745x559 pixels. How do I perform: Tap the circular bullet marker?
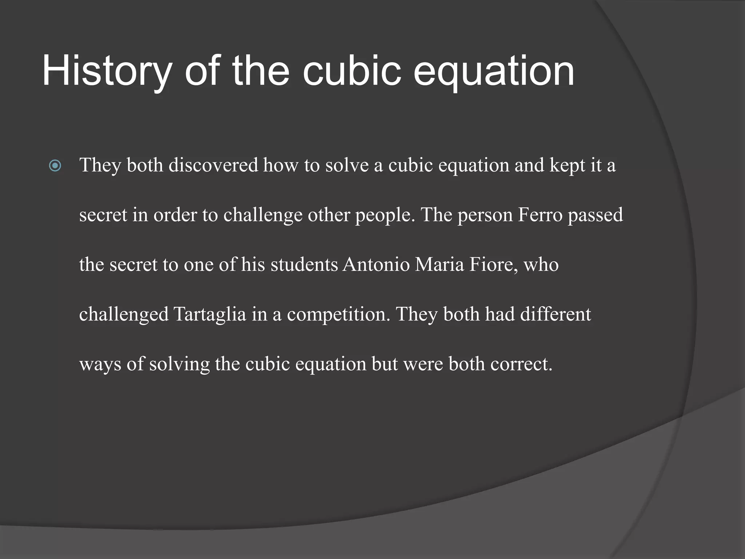[x=55, y=166]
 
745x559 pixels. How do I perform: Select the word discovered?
[x=213, y=165]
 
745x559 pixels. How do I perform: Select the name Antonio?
[x=376, y=265]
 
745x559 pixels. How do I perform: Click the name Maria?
[x=439, y=265]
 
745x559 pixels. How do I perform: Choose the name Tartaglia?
[x=210, y=314]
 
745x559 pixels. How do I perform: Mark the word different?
[x=555, y=314]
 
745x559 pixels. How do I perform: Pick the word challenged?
[x=124, y=314]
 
